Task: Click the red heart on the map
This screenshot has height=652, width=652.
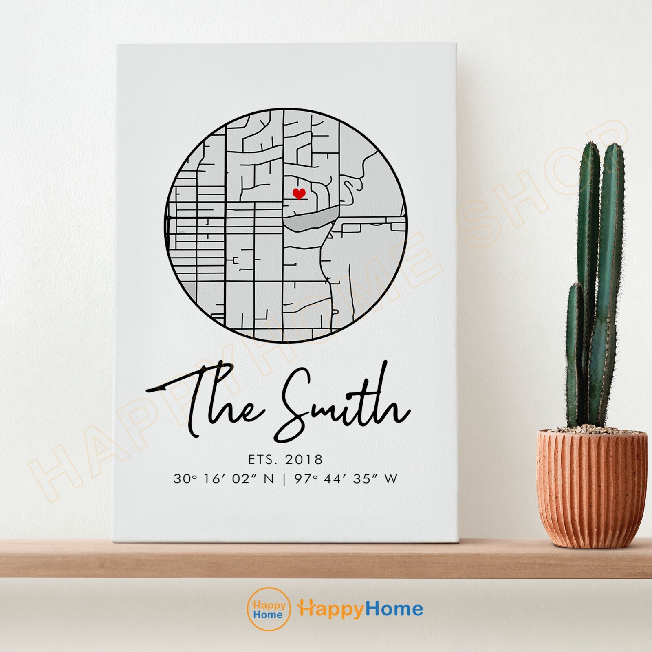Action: (299, 193)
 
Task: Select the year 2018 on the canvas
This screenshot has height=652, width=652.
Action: (304, 459)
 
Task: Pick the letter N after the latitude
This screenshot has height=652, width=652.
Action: (269, 479)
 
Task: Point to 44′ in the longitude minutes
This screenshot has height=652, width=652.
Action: (334, 479)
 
